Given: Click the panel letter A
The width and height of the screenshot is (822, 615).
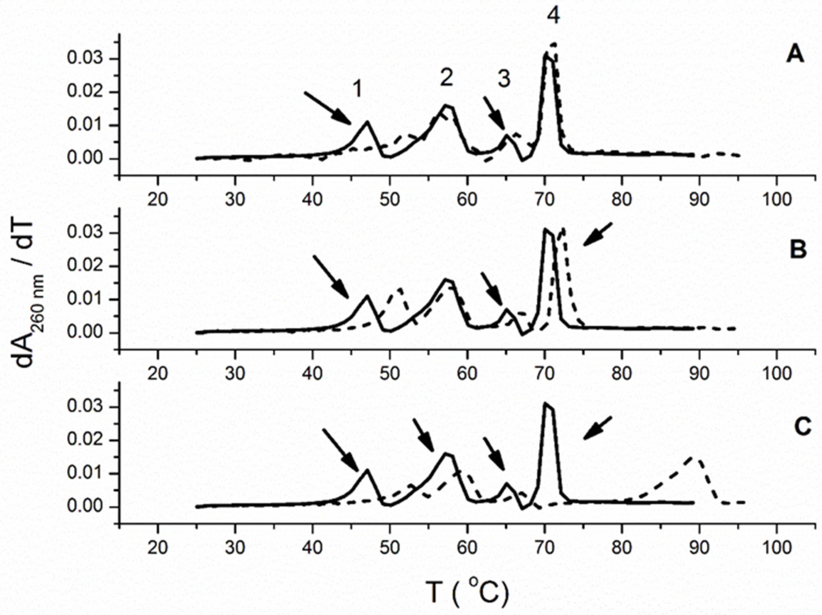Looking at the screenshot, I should pyautogui.click(x=795, y=56).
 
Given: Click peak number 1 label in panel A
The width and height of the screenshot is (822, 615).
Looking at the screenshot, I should pyautogui.click(x=357, y=89).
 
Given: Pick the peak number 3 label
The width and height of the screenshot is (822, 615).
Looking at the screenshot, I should pyautogui.click(x=504, y=79).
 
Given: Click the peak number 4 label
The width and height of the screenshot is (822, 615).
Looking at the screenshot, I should pyautogui.click(x=554, y=17).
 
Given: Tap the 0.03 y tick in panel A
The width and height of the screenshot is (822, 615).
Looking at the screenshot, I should pyautogui.click(x=86, y=59).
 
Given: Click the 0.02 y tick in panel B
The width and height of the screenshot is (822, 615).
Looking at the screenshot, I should pyautogui.click(x=86, y=266).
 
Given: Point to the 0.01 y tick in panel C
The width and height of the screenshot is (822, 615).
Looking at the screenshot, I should pyautogui.click(x=86, y=473).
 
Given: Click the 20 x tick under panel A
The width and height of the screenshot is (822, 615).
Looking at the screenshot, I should pyautogui.click(x=158, y=200).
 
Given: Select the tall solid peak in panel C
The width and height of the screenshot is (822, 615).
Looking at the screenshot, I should pyautogui.click(x=546, y=403).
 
